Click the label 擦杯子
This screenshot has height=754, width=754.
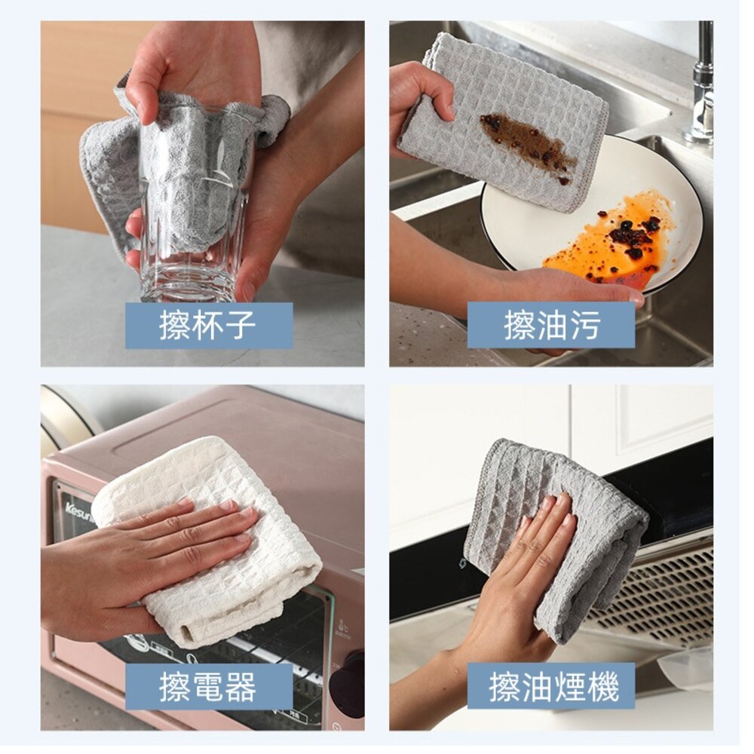point(208,326)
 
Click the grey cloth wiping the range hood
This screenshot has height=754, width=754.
point(553,534)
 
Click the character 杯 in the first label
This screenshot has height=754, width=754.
point(208,326)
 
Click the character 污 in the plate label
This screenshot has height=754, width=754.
point(585,326)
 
